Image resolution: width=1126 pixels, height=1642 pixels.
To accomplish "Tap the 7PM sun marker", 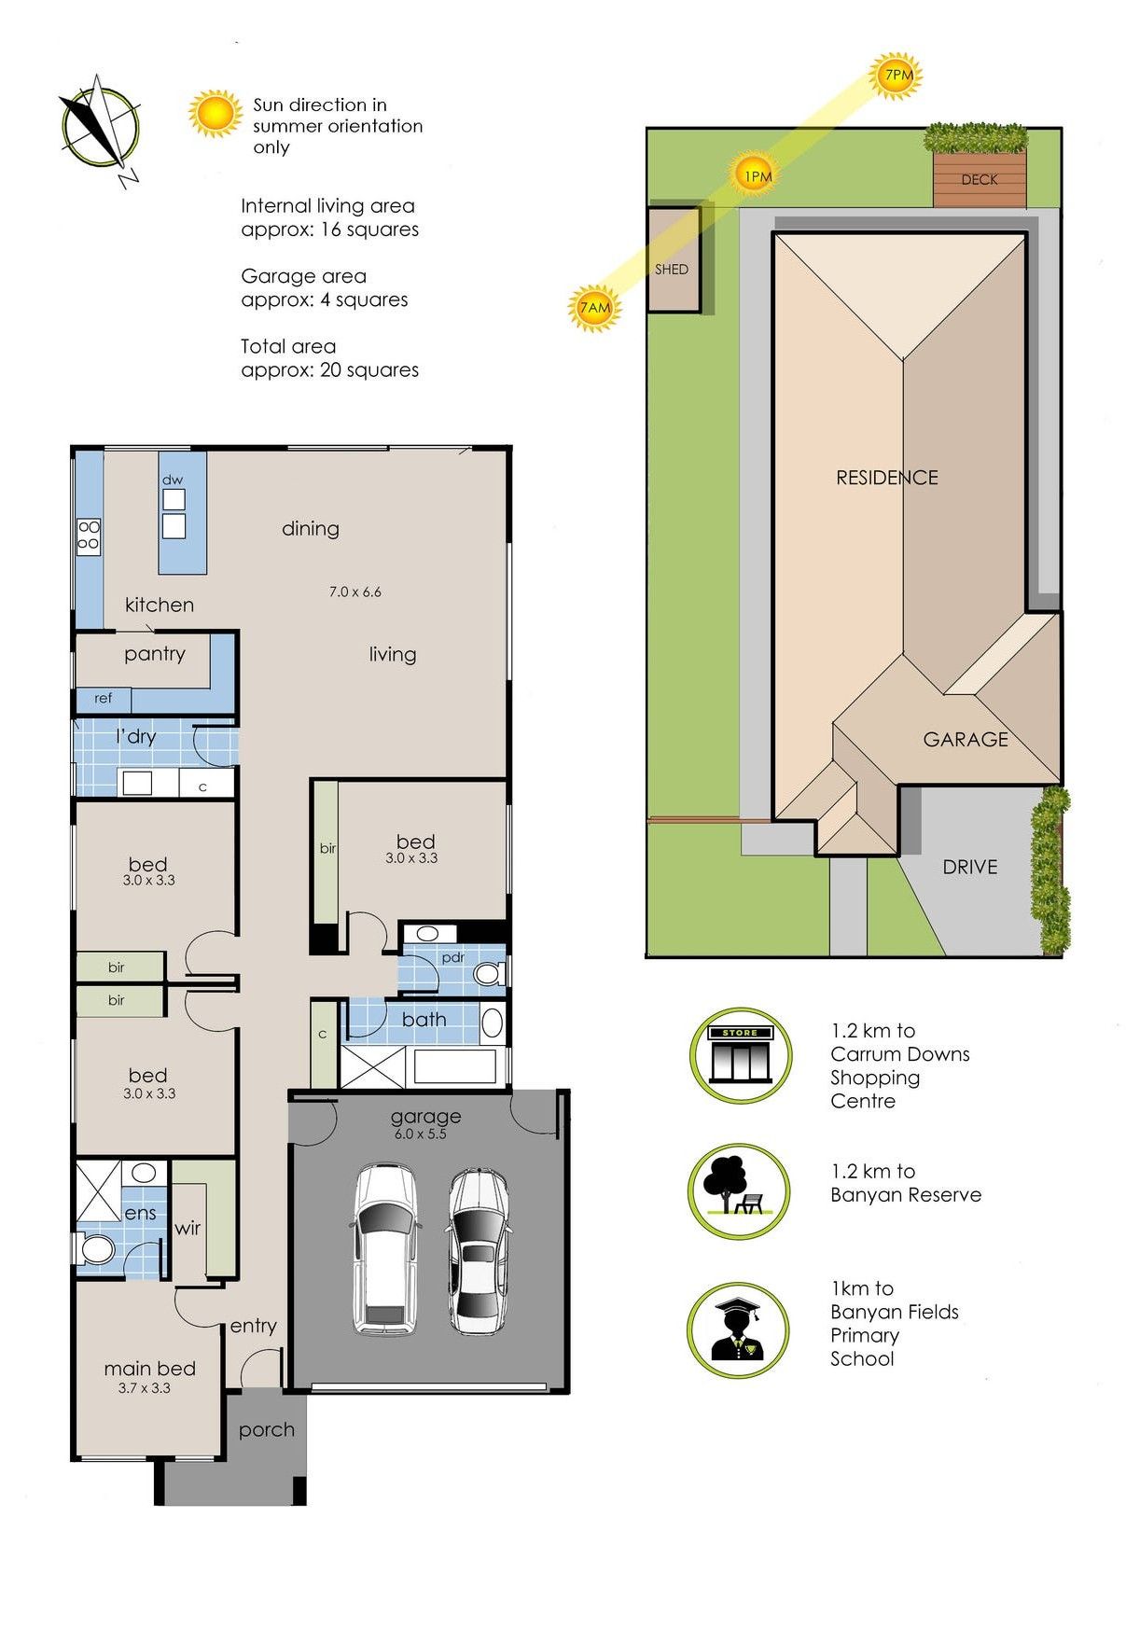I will pyautogui.click(x=897, y=76).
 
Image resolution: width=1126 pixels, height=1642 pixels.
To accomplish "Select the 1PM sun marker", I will pyautogui.click(x=756, y=174).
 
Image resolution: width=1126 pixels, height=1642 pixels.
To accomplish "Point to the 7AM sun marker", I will pyautogui.click(x=594, y=307).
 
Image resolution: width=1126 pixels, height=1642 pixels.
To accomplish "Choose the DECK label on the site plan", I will pyautogui.click(x=980, y=179).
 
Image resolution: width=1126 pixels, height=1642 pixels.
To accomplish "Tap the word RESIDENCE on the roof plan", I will pyautogui.click(x=886, y=478).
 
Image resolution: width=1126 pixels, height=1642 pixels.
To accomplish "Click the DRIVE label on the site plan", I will pyautogui.click(x=969, y=867).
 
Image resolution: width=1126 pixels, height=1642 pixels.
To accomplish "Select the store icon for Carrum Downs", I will pyautogui.click(x=740, y=1056).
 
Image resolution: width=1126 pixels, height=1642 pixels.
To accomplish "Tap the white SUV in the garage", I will pyautogui.click(x=384, y=1248).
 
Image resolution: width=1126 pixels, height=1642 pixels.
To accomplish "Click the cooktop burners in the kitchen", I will pyautogui.click(x=88, y=535).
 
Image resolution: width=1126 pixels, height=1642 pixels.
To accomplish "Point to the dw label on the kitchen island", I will pyautogui.click(x=173, y=480).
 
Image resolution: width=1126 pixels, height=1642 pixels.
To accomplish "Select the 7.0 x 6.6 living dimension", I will pyautogui.click(x=354, y=591).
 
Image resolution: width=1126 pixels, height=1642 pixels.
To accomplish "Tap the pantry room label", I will pyautogui.click(x=154, y=654).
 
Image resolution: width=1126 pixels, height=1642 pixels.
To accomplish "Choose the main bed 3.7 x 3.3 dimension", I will pyautogui.click(x=144, y=1388).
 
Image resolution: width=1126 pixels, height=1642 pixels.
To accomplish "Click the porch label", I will pyautogui.click(x=266, y=1429).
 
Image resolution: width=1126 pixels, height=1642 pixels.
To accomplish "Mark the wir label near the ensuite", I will pyautogui.click(x=188, y=1228).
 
